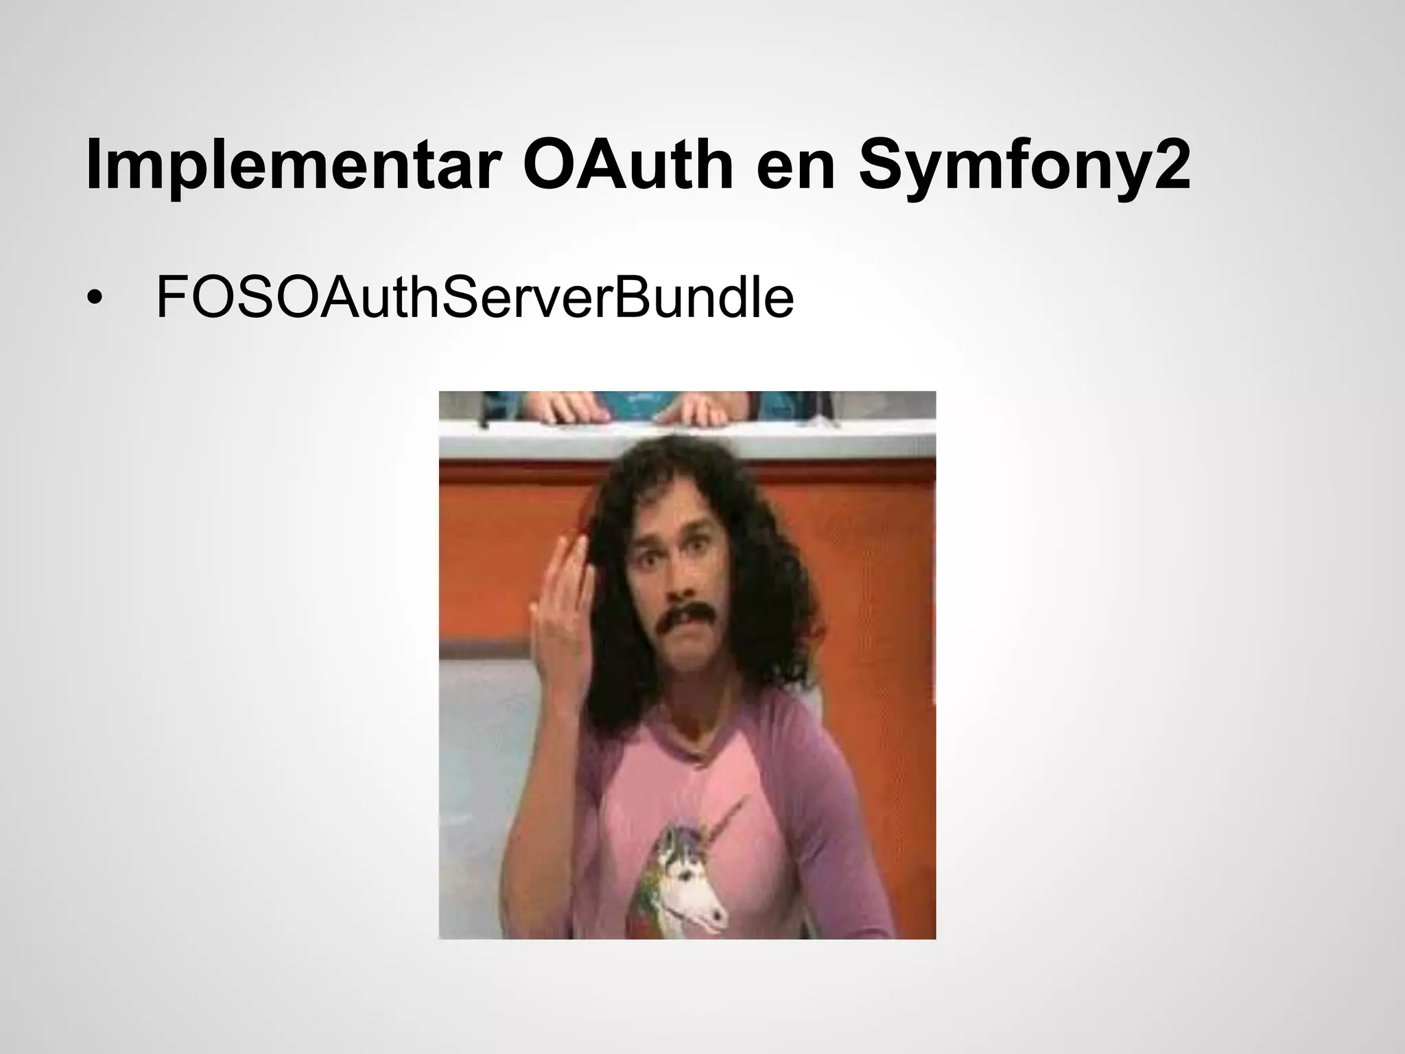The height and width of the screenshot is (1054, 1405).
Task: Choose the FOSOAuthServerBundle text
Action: [x=475, y=297]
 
